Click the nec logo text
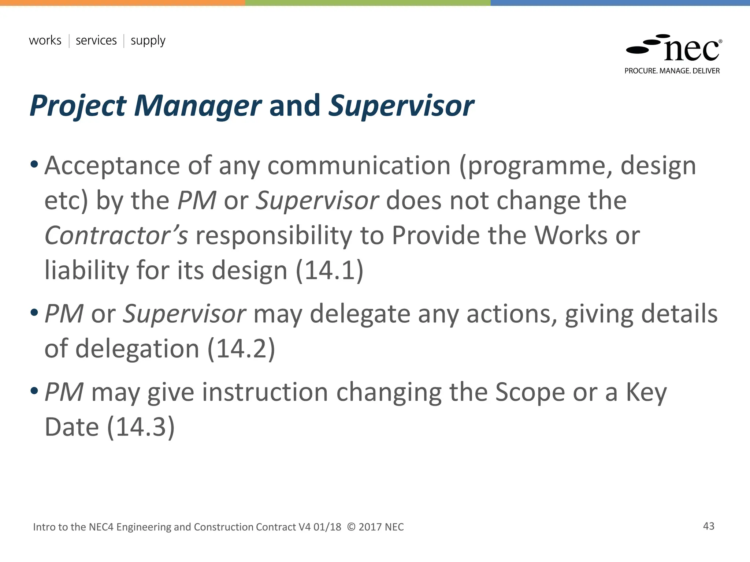[x=691, y=50]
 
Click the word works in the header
[x=45, y=40]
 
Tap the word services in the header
[x=96, y=40]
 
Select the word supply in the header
[x=148, y=41]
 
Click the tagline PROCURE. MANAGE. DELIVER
[x=672, y=71]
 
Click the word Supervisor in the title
[x=401, y=106]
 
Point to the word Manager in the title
[x=198, y=106]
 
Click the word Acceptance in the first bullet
[x=112, y=166]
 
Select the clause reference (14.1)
[x=329, y=270]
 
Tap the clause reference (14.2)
[x=241, y=348]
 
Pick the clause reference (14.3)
[x=141, y=427]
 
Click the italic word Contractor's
[x=116, y=235]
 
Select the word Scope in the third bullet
[x=530, y=392]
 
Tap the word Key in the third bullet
[x=646, y=392]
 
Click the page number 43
[x=709, y=526]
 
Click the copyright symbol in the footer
[x=351, y=527]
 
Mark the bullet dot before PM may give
[x=34, y=391]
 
